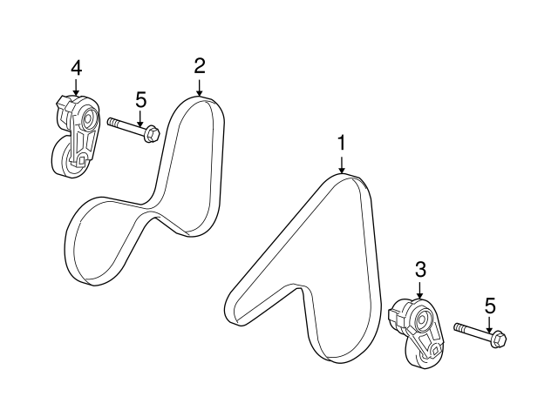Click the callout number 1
pyautogui.click(x=342, y=142)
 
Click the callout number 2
pyautogui.click(x=200, y=65)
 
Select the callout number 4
pyautogui.click(x=76, y=65)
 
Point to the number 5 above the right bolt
pyautogui.click(x=489, y=305)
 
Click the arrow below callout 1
pyautogui.click(x=342, y=163)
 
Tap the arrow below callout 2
pyautogui.click(x=200, y=86)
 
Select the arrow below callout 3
pyautogui.click(x=419, y=291)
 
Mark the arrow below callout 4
pyautogui.click(x=76, y=86)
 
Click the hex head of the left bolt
pyautogui.click(x=151, y=134)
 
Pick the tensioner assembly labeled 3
pyautogui.click(x=416, y=331)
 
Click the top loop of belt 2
pyautogui.click(x=201, y=104)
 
